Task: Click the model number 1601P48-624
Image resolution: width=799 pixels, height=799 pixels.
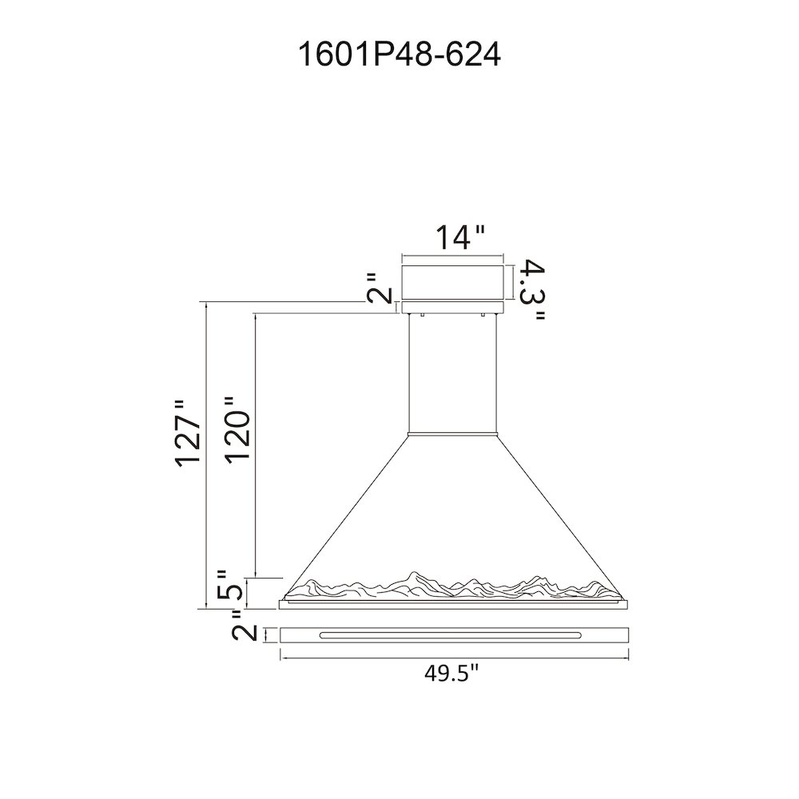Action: point(399,54)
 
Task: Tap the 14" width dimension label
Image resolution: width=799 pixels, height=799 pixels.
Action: point(459,237)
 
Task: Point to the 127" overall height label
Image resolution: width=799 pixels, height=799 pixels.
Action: point(187,433)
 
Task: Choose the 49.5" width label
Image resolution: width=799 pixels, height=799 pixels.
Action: point(452,675)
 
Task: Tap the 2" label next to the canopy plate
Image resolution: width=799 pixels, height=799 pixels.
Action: point(380,288)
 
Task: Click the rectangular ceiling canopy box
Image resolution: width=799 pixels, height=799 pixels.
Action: point(452,282)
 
